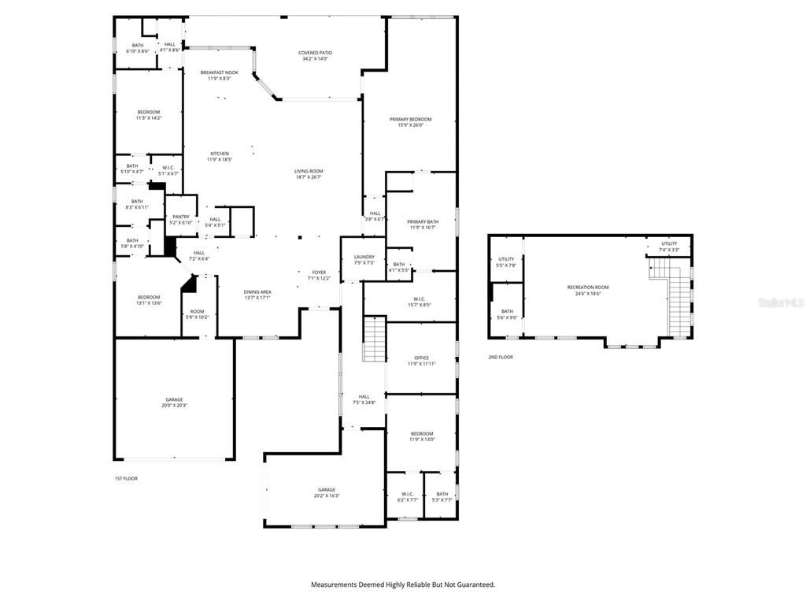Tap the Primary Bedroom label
tap(410, 120)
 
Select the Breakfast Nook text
tap(219, 72)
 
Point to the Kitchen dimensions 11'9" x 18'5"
tap(219, 160)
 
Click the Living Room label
tap(309, 171)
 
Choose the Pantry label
tap(181, 217)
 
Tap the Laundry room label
tap(364, 257)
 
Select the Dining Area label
tap(257, 292)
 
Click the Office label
tap(422, 358)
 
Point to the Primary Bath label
tap(423, 222)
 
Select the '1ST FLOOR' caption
tap(126, 478)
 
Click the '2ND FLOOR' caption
tap(501, 357)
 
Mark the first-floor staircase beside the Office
tap(374, 340)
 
